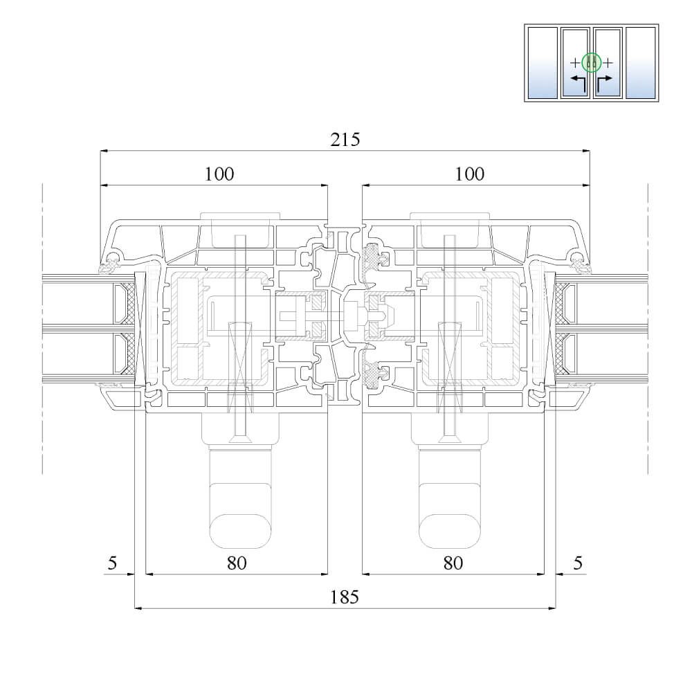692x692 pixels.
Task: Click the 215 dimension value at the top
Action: coord(345,140)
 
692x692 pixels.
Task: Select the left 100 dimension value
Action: coord(219,174)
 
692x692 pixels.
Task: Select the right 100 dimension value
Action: coord(470,174)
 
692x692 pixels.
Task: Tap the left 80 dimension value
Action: coord(237,563)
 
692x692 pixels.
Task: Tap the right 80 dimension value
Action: coord(453,563)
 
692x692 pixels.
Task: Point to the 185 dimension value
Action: coord(345,597)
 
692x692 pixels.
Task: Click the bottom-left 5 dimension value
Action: coord(113,563)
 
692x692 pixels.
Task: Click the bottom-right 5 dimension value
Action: coord(578,563)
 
